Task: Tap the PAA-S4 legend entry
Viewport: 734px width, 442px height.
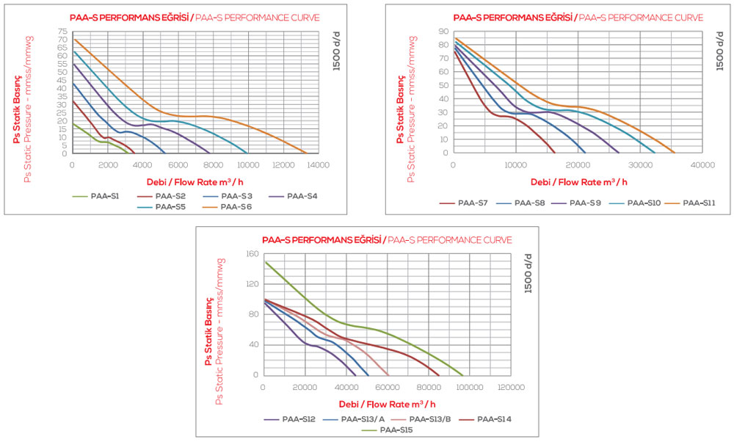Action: coord(297,196)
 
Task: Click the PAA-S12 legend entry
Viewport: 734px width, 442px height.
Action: coord(299,419)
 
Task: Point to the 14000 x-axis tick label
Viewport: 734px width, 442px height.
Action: coord(318,165)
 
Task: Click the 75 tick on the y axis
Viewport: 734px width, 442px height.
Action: coord(63,32)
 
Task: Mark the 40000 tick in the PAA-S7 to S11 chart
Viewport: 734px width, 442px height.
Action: coord(702,165)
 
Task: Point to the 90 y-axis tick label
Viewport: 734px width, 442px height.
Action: coord(443,32)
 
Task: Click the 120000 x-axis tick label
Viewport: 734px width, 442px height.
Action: coord(511,387)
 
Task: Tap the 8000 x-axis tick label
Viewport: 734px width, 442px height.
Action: coord(212,165)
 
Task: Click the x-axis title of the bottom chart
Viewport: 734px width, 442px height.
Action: coord(387,404)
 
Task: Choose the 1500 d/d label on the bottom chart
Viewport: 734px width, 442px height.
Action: coord(528,272)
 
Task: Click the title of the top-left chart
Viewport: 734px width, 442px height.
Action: coord(195,17)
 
